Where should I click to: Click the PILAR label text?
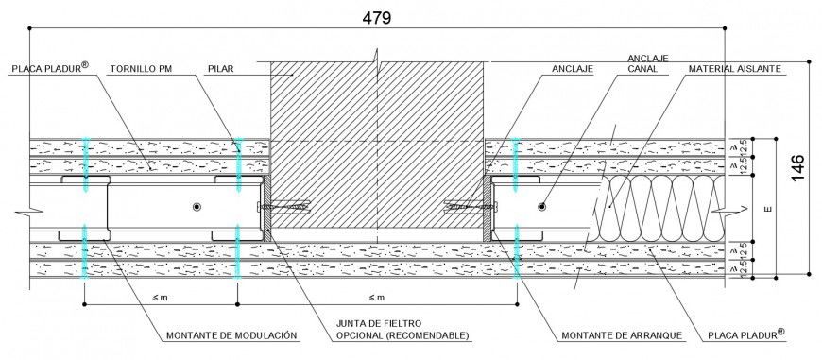point(221,69)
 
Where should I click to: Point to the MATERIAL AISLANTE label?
point(734,69)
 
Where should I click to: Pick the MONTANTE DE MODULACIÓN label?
point(231,334)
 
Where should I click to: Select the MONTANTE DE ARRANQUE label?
point(616,334)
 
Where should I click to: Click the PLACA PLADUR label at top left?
point(48,68)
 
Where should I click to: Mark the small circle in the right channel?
point(542,206)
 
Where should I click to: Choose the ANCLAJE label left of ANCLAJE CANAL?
point(573,69)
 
